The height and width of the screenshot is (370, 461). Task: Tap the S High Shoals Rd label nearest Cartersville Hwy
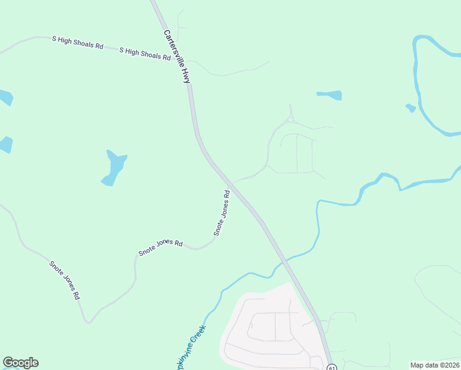(x=145, y=53)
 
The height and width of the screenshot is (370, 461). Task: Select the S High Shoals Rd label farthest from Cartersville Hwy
(x=77, y=43)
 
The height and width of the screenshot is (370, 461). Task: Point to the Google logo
(x=20, y=363)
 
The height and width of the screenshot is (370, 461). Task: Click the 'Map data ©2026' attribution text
(x=435, y=364)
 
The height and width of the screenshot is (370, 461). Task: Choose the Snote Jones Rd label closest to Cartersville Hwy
(x=222, y=213)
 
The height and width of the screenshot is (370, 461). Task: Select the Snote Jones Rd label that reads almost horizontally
(x=161, y=247)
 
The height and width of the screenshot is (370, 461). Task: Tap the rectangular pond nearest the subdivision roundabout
(x=330, y=96)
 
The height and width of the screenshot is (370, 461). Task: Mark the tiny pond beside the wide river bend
(x=410, y=108)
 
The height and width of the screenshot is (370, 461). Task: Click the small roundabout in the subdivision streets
(x=290, y=120)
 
